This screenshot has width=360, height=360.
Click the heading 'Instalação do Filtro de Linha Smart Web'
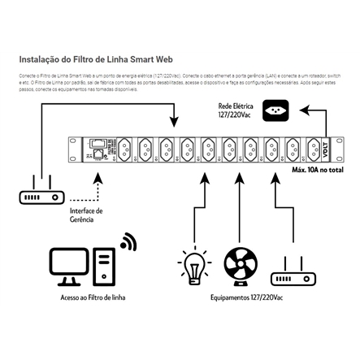click(96, 59)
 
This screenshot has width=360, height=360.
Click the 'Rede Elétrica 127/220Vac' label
click(236, 111)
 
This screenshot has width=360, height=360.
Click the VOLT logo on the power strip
click(326, 148)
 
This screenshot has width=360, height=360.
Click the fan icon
click(238, 266)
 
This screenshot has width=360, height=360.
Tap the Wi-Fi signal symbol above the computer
click(128, 241)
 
